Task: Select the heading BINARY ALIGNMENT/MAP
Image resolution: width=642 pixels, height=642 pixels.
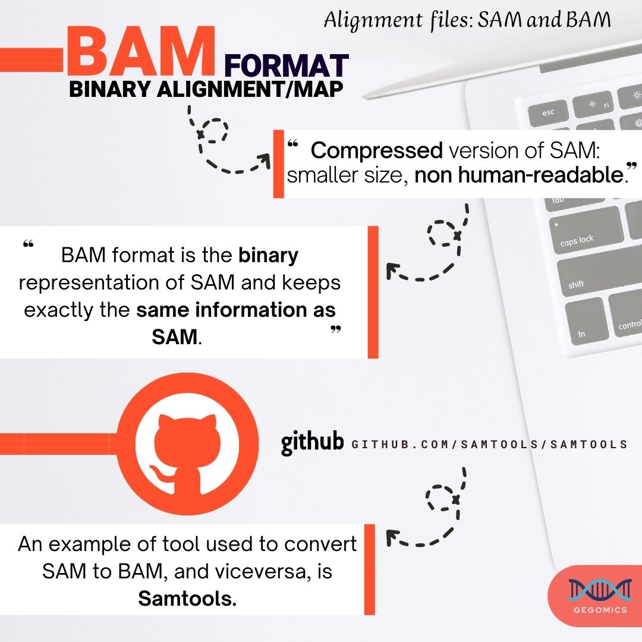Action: pos(206,89)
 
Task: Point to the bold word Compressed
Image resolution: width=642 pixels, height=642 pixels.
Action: pos(376,151)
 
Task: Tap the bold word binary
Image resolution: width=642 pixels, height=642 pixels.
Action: pos(268,256)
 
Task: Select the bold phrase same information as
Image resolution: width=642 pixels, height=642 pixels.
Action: pos(236,310)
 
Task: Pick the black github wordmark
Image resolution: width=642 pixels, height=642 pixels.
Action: pos(313,443)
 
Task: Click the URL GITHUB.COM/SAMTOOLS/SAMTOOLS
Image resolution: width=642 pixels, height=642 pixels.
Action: pos(489,444)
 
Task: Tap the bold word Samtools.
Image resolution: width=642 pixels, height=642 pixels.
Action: pos(187,599)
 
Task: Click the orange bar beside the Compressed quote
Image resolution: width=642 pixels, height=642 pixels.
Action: pos(278,163)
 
